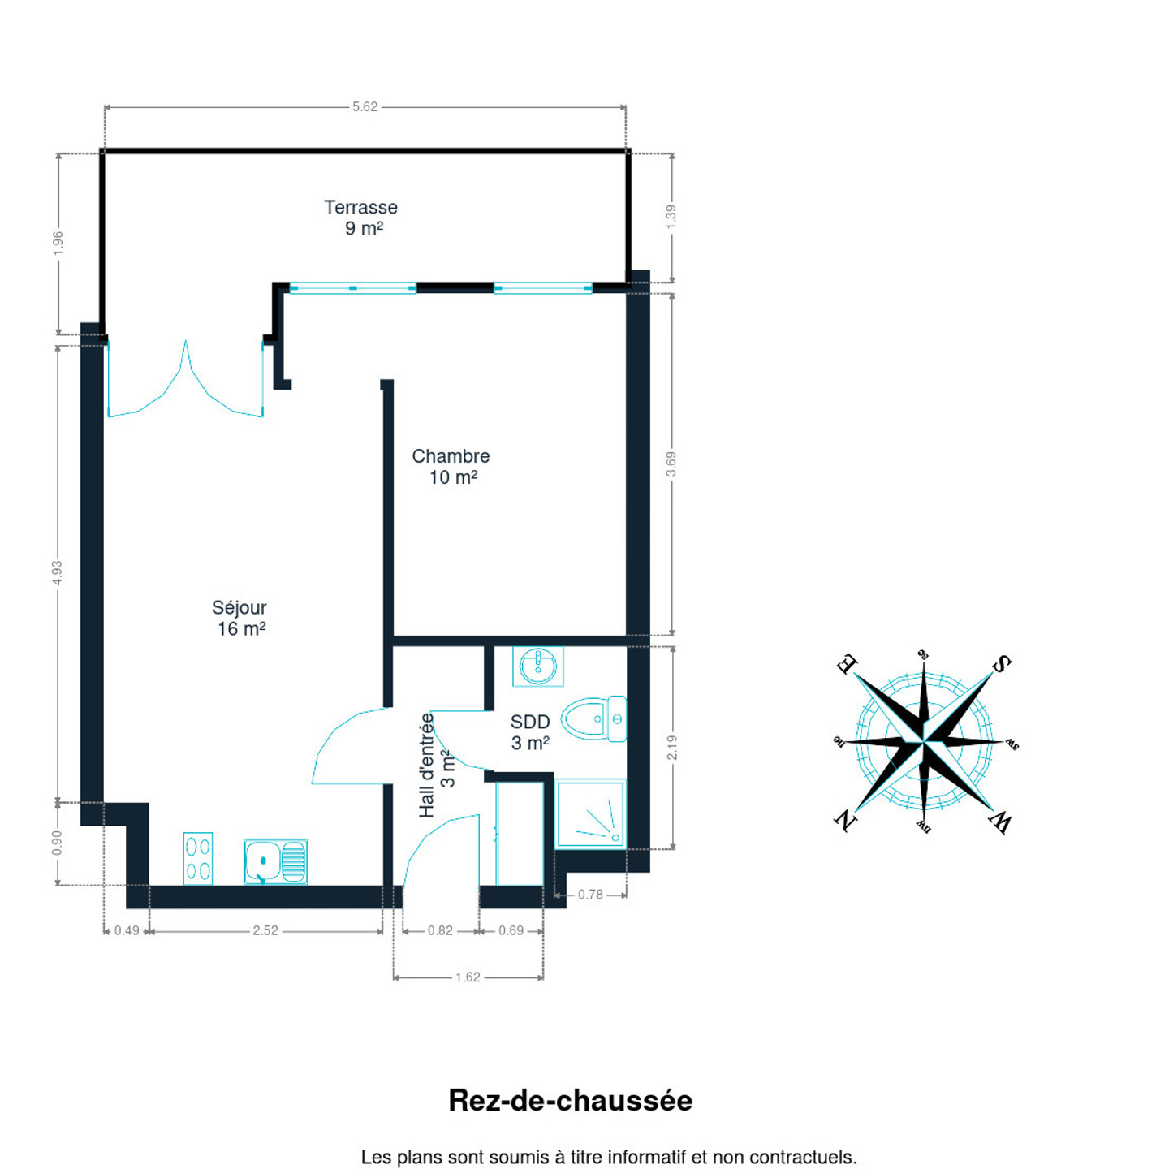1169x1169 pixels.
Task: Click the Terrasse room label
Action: pos(361,218)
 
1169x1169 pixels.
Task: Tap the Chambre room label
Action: pos(451,467)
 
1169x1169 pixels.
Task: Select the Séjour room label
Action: pos(239,618)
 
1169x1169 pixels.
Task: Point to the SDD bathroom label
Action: pos(530,732)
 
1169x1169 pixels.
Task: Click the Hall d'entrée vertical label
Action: pos(437,765)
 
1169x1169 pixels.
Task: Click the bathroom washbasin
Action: pos(537,666)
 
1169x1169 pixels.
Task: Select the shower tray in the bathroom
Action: pos(590,813)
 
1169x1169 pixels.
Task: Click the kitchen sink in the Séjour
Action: pos(275,861)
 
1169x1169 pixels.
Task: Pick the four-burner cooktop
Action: pos(198,858)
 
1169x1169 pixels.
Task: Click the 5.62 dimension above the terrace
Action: pos(365,107)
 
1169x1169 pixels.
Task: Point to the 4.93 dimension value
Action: pos(57,572)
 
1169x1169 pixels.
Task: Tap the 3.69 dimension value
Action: pos(671,464)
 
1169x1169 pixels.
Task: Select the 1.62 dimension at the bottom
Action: pos(468,977)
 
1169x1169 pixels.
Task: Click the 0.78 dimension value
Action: pos(590,895)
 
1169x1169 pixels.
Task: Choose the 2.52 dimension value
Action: pos(265,930)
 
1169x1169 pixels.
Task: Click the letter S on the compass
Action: pos(1002,664)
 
